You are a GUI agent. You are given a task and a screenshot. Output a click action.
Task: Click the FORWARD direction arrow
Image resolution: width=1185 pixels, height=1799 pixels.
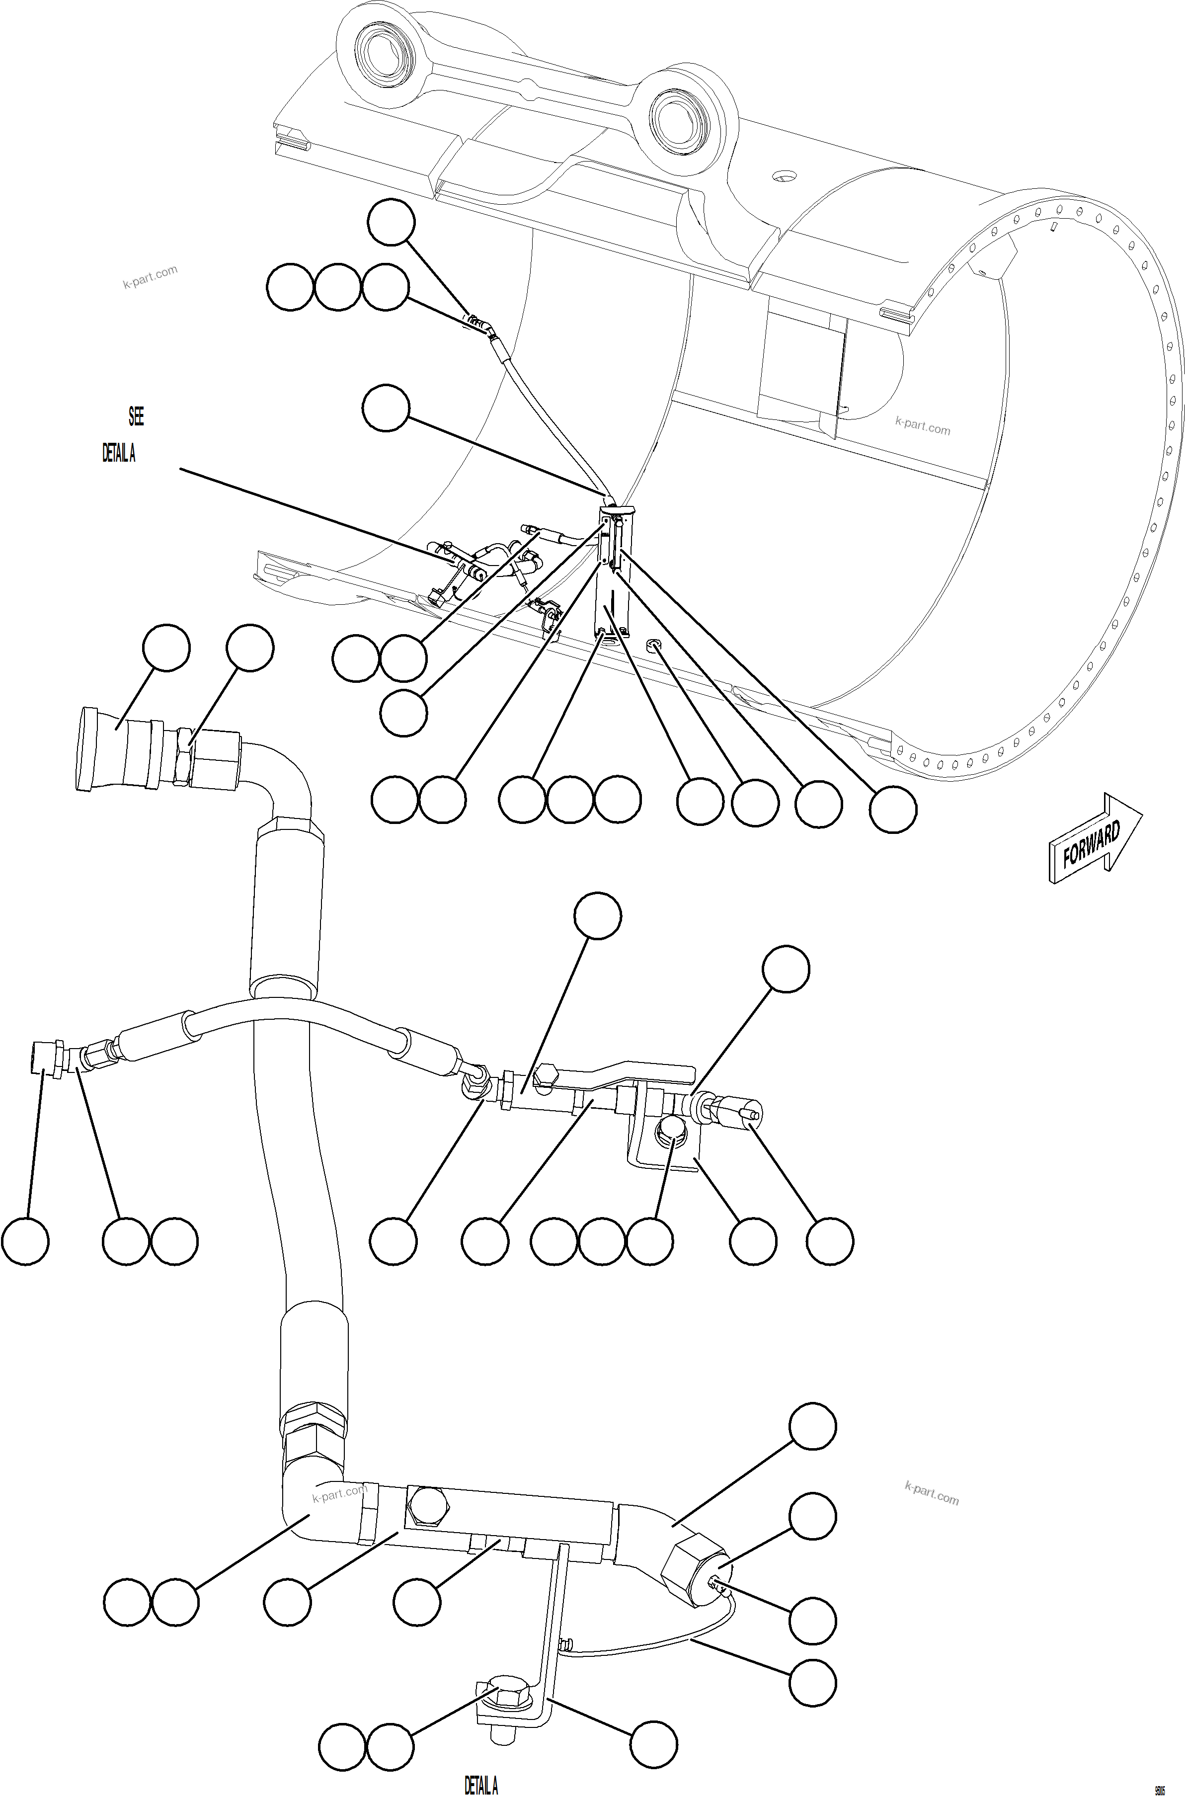[1094, 839]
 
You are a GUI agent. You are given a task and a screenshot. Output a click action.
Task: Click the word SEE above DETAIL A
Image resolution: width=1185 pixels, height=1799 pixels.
[136, 416]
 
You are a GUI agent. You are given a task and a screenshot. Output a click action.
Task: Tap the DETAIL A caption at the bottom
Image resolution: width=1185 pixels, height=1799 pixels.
[480, 1786]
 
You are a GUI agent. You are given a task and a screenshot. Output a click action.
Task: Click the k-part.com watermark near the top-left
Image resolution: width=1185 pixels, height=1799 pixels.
[150, 277]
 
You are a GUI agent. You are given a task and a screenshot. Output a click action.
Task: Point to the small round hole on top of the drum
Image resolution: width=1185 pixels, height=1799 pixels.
[783, 177]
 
